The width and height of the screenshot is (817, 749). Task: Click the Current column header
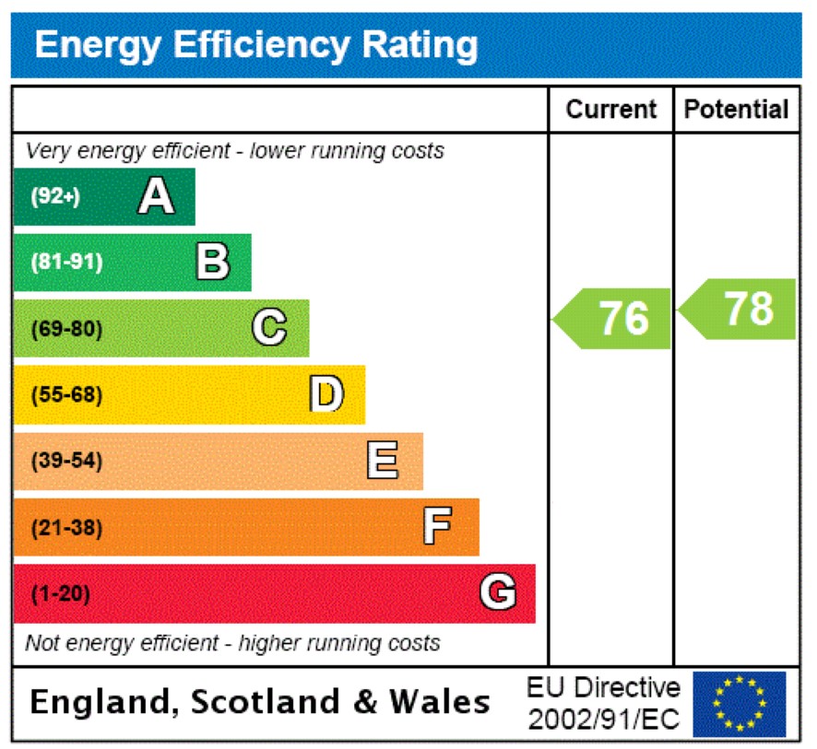tap(611, 110)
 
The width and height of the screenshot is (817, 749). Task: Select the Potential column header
tap(737, 110)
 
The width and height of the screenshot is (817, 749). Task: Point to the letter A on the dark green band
tap(156, 196)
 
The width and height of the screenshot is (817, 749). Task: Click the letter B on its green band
tap(213, 262)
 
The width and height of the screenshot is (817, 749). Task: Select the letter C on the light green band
tap(269, 328)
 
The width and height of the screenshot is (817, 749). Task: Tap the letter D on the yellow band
tap(326, 394)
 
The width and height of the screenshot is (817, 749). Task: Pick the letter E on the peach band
tap(383, 461)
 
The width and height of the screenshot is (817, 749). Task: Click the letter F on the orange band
tap(437, 527)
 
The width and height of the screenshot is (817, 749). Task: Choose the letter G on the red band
tap(497, 593)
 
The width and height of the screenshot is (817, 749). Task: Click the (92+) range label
tap(55, 196)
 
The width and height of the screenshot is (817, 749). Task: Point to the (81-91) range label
tap(66, 263)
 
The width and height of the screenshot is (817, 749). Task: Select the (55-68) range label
tap(66, 395)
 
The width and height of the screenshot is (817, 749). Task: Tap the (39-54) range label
tap(66, 462)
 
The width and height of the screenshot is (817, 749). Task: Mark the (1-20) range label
tap(61, 594)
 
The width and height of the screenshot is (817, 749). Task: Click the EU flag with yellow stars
tap(739, 704)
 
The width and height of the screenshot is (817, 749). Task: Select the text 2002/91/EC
tap(604, 718)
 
